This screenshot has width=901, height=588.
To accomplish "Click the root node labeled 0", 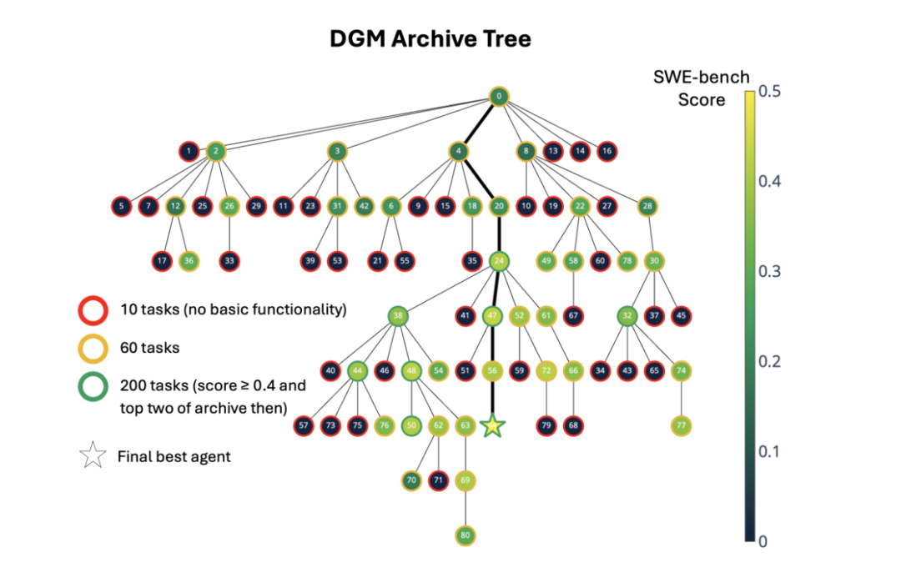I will tap(498, 97).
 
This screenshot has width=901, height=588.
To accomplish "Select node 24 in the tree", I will tap(499, 261).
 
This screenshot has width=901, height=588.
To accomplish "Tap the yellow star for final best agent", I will tap(493, 425).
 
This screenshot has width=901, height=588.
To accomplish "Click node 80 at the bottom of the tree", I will tap(466, 535).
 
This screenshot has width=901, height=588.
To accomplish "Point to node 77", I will tap(682, 425).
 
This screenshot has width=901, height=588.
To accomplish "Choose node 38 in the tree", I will tap(399, 316).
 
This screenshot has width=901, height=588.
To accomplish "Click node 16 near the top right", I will tap(607, 151).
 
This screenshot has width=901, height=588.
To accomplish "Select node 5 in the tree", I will tap(122, 206).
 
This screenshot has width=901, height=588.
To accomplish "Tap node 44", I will tap(358, 370).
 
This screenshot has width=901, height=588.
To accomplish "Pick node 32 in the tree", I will tap(627, 316).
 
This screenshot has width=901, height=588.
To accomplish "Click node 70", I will tap(410, 480).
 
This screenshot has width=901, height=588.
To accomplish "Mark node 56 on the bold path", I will tap(493, 370).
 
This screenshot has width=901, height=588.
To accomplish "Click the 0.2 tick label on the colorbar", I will tap(773, 361).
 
